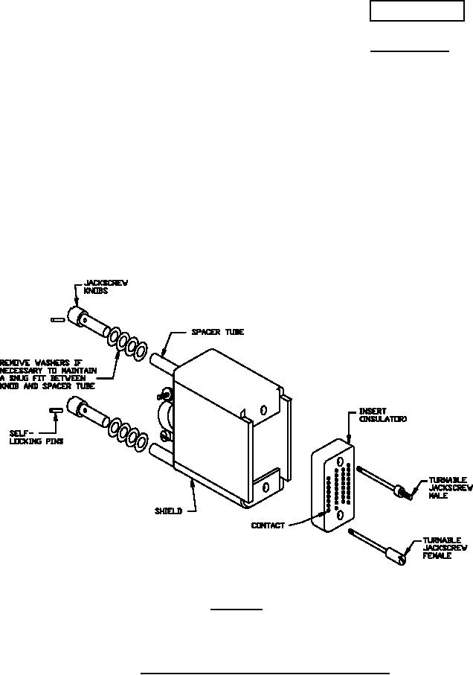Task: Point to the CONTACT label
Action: [x=267, y=525]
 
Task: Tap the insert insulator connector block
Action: [x=331, y=487]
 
